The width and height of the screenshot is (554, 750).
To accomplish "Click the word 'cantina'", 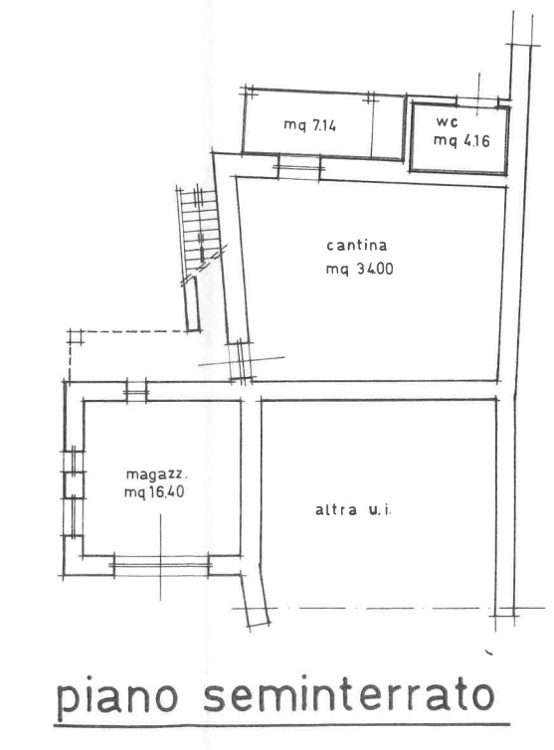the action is pos(356,246).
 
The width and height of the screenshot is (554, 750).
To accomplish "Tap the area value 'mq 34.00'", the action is pos(359,269).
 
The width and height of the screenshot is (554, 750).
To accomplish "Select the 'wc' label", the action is pos(447,122).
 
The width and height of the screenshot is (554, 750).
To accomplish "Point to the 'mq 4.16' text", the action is pos(462,140).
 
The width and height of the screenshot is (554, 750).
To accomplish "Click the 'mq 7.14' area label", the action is pos(309,125).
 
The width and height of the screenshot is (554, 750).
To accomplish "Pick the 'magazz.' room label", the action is pos(157,474).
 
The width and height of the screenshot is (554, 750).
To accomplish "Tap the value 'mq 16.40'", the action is pos(154,491).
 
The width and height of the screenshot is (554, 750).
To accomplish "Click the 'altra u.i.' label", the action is pos(353,510).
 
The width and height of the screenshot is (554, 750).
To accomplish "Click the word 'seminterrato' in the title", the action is pos(349,696).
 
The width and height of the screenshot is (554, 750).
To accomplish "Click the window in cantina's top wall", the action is pos(299,167).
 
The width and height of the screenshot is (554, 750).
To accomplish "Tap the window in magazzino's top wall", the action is pos(136,392).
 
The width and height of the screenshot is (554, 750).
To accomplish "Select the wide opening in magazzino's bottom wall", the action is pos(161,565).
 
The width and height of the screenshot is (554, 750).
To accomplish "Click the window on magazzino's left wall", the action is pos(74,493).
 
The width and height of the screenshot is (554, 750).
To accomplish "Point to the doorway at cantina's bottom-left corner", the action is pos(241,362).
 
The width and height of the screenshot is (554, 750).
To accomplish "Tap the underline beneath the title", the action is pos(281,726).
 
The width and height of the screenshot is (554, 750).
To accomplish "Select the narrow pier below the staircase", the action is pos(192,303).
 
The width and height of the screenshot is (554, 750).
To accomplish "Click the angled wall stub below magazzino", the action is pos(255,599).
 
